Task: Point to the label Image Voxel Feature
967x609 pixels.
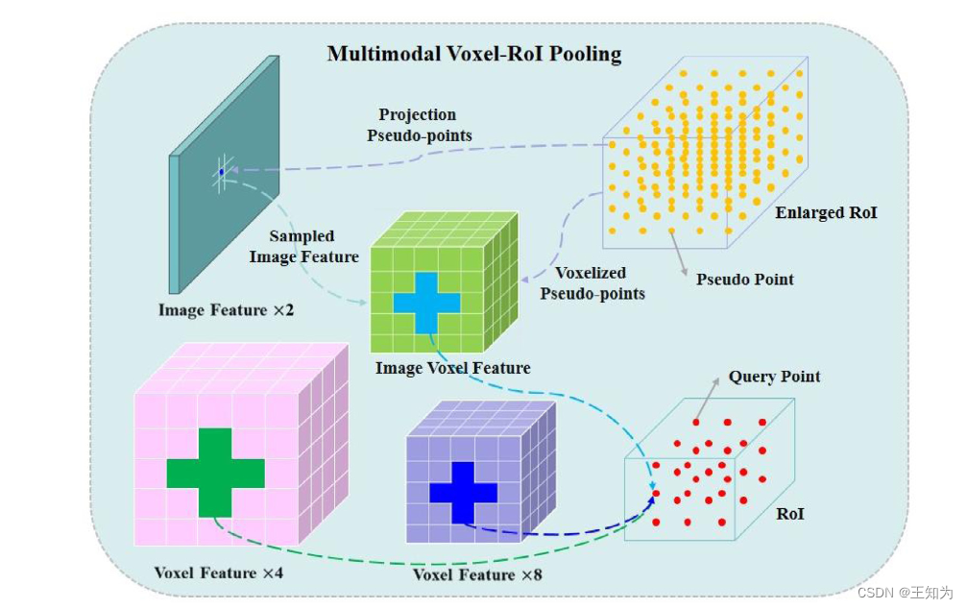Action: pos(452,368)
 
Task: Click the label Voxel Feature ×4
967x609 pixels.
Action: pos(218,573)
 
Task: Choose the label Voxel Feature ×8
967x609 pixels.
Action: pos(476,574)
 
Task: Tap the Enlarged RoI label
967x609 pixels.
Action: pos(826,212)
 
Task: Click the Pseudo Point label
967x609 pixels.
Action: pos(745,279)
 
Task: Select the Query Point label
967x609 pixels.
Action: pos(774,376)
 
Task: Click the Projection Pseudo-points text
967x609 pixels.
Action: pos(420,125)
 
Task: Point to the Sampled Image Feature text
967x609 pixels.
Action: pos(303,246)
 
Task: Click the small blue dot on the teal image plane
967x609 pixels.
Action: pos(221,172)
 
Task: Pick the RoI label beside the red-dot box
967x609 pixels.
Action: pos(790,514)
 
